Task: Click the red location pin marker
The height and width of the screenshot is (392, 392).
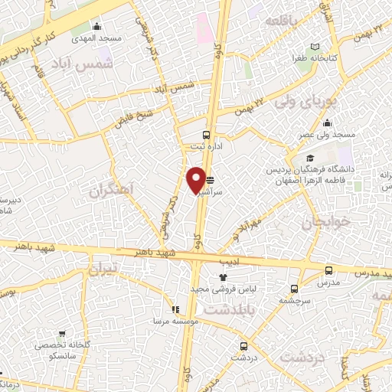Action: [x=196, y=180]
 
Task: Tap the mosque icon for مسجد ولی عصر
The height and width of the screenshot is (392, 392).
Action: [x=327, y=124]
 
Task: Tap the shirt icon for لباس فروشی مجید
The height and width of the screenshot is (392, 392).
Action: [x=224, y=277]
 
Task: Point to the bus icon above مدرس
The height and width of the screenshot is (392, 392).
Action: [x=328, y=270]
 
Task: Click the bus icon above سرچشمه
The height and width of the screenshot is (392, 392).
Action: [x=295, y=289]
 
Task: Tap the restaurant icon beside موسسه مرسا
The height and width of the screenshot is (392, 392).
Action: [x=175, y=309]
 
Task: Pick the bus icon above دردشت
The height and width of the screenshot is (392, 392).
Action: [x=243, y=346]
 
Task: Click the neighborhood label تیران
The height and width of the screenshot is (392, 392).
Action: [x=104, y=269]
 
